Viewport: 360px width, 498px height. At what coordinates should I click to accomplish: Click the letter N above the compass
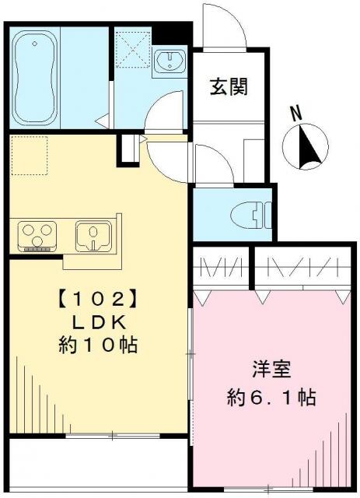tap(296, 112)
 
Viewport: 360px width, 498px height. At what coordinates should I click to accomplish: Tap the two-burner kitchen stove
tap(36, 234)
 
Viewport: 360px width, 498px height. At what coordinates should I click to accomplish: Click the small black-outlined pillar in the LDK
tap(125, 150)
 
